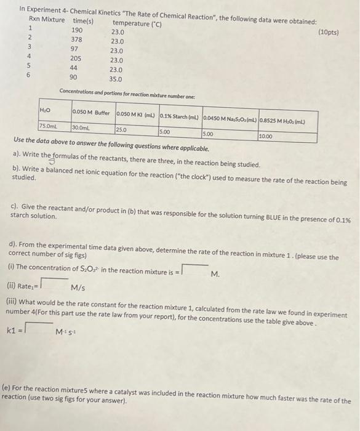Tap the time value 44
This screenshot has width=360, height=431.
pyautogui.click(x=74, y=68)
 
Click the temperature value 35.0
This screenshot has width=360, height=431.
pyautogui.click(x=116, y=79)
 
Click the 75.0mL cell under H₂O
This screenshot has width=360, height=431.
pyautogui.click(x=50, y=126)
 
